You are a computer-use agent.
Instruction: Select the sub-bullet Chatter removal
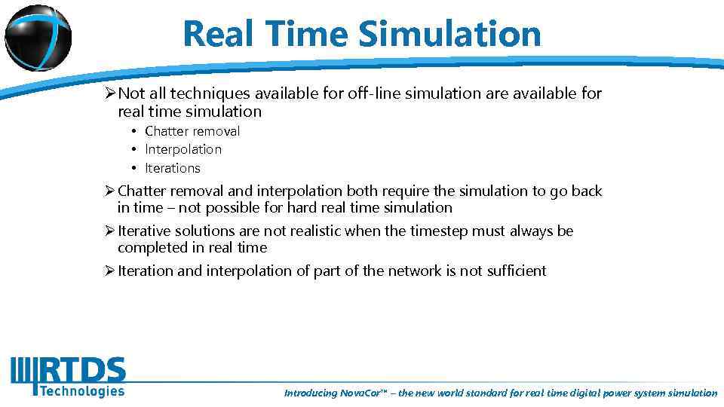point(192,131)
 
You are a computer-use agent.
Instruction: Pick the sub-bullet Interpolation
point(183,149)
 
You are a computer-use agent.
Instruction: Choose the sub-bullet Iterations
point(173,167)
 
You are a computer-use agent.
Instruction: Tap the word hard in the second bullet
point(302,207)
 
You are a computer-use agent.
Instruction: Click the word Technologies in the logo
point(81,390)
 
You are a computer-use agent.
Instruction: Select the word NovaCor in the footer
point(362,393)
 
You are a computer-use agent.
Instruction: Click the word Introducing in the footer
point(311,393)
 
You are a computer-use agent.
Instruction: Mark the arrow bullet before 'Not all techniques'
point(110,93)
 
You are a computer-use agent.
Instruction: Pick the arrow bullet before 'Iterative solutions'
point(110,231)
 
